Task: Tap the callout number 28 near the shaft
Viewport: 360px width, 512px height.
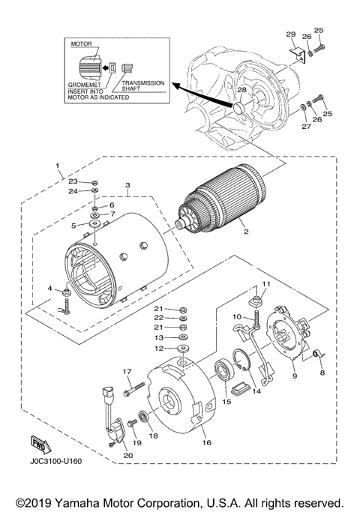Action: point(241,91)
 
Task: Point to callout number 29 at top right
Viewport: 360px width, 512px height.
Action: point(290,34)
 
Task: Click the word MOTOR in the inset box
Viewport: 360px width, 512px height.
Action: point(81,44)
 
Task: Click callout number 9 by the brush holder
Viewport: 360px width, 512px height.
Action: point(295,376)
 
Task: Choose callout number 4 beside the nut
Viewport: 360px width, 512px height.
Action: point(50,289)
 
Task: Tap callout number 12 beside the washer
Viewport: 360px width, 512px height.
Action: point(159,348)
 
